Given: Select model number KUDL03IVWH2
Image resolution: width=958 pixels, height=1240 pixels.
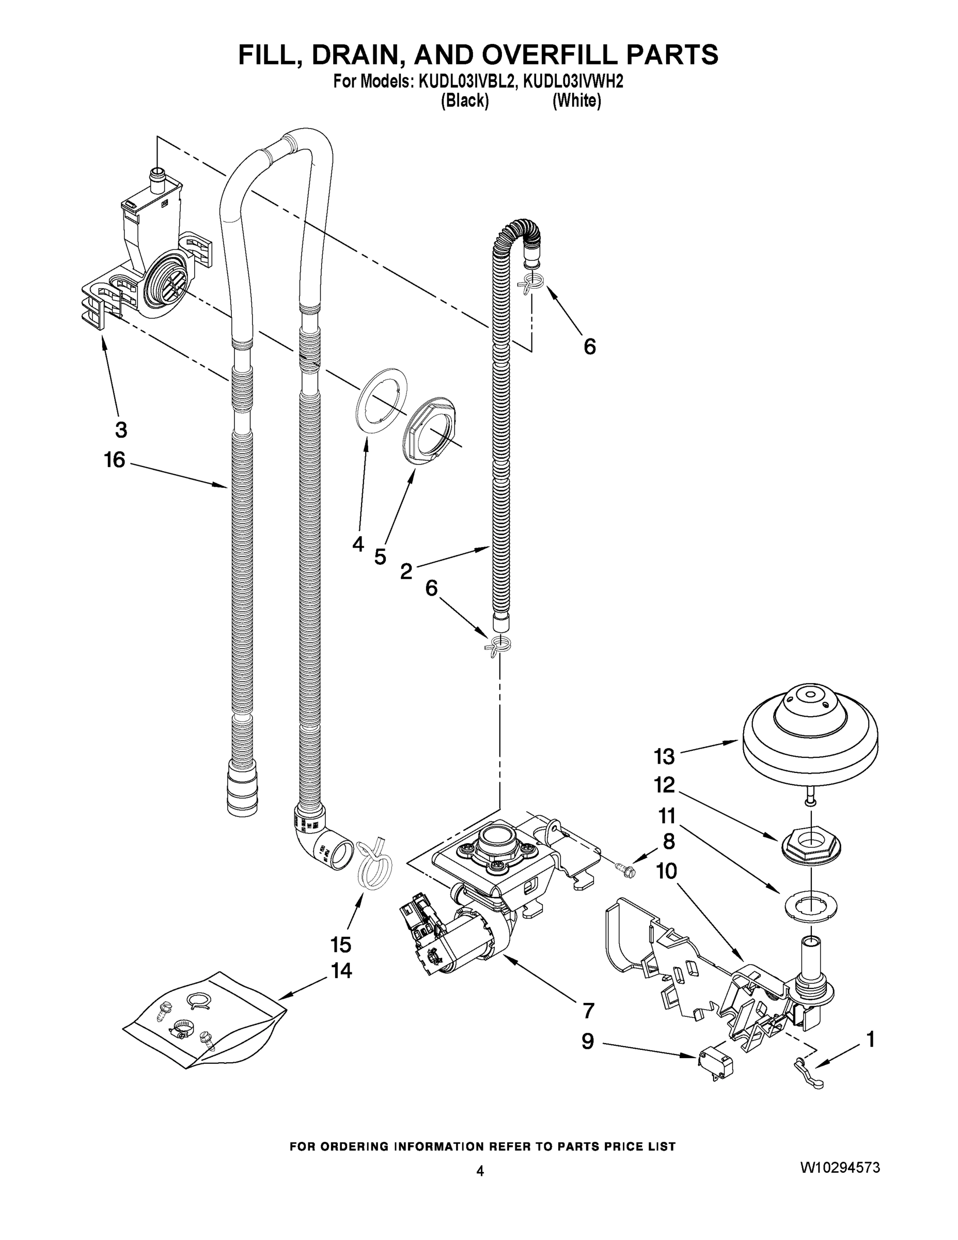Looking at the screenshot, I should point(573,82).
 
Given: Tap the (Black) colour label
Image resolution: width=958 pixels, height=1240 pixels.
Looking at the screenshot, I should point(465,101).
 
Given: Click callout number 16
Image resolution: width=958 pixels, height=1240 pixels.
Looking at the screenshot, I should point(115,460).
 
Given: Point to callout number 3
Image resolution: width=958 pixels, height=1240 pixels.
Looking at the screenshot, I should point(121,430).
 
